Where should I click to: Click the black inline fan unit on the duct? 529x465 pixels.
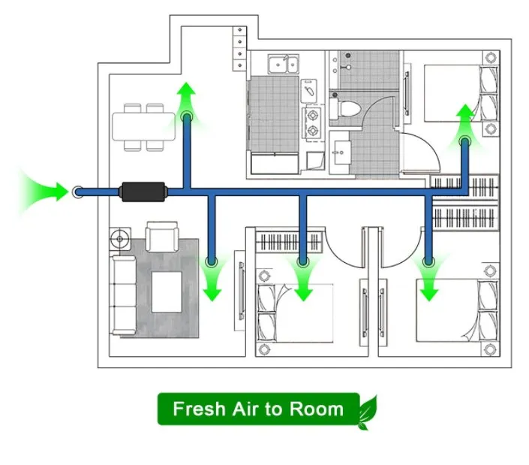click(x=143, y=192)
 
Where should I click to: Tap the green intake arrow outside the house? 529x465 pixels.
click(x=44, y=192)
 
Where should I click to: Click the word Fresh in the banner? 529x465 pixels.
click(x=199, y=409)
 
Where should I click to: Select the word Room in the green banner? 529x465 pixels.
click(x=317, y=409)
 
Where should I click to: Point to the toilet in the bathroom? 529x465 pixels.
click(x=345, y=108)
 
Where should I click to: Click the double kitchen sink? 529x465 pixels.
click(x=284, y=64)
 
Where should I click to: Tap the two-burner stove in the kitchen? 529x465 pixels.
click(x=313, y=123)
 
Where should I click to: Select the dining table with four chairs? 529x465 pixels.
click(x=144, y=127)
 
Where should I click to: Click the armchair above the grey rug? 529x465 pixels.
click(x=162, y=237)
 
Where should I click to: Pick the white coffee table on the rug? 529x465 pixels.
click(x=167, y=292)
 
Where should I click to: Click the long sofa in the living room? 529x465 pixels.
click(x=123, y=295)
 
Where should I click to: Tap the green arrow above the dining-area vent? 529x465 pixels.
click(x=187, y=98)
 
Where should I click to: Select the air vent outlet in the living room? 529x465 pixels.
click(x=212, y=261)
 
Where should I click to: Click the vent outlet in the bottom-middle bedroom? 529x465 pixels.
click(x=303, y=261)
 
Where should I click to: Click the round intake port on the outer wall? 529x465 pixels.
click(x=78, y=192)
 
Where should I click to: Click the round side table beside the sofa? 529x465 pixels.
click(x=120, y=239)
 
